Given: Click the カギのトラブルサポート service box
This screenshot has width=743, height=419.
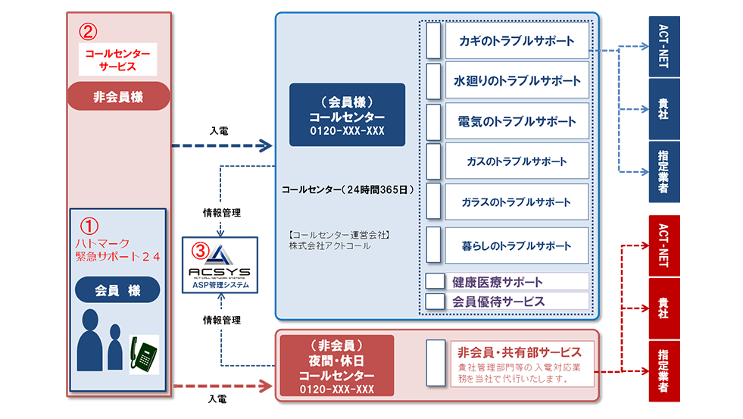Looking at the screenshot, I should [516, 41].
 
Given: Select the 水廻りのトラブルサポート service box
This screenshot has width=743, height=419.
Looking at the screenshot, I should [516, 81].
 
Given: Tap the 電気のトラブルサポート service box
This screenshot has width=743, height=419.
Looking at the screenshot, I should [516, 121].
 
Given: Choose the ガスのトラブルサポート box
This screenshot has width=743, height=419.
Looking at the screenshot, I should [516, 161].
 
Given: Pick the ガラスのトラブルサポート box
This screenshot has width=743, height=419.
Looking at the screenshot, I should [516, 202].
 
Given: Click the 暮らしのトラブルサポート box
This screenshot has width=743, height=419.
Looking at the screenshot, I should [516, 245].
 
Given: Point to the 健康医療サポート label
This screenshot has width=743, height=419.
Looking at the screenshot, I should [498, 282].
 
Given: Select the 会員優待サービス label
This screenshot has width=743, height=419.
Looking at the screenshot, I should [498, 301].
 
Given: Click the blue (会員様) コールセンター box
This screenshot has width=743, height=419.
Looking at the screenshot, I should [347, 114].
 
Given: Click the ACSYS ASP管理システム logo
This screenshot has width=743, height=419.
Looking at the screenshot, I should [220, 265].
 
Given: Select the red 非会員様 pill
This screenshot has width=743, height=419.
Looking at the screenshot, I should [118, 97].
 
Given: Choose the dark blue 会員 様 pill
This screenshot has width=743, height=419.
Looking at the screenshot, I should [117, 289].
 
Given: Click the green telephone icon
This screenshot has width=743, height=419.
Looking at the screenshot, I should [145, 355].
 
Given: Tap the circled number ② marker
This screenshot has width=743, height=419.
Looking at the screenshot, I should [89, 32].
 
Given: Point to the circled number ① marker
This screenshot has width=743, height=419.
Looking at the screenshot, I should [89, 226].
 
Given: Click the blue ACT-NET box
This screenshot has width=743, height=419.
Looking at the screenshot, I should [664, 45].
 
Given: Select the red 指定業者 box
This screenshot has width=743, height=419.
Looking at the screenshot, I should [664, 371].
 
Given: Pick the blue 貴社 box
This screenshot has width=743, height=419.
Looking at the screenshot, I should [664, 108].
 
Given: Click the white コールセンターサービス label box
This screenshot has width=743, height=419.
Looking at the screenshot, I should [117, 60].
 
